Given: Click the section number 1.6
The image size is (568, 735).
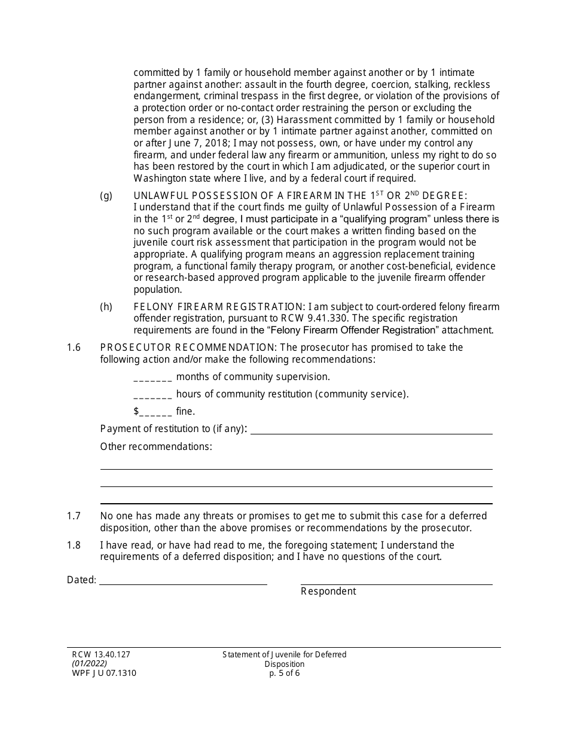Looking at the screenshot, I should (x=74, y=348).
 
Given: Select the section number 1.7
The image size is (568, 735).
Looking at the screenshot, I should (x=74, y=516).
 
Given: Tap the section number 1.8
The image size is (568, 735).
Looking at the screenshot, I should (x=74, y=546).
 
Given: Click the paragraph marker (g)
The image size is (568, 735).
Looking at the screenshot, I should (x=106, y=196).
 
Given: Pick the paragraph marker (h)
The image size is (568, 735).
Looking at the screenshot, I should (x=106, y=307).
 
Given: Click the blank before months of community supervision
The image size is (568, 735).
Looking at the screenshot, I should (x=153, y=378).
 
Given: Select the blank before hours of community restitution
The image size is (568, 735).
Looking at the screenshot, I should (x=153, y=395).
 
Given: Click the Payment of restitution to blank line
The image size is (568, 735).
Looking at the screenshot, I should (x=371, y=430).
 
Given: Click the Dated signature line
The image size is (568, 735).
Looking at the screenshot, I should (x=183, y=581).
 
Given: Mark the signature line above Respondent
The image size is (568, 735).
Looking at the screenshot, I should (x=396, y=581).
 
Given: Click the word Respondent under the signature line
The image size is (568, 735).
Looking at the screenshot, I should (x=328, y=592).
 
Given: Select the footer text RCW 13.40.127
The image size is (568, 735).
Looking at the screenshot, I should (x=98, y=655).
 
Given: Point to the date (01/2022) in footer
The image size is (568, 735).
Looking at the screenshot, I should (x=89, y=664).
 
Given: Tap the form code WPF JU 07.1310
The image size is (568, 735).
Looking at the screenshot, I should (x=103, y=673).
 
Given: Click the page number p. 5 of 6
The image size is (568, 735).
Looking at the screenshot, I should (x=285, y=673).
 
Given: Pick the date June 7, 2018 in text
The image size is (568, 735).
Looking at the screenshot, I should (x=178, y=143).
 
